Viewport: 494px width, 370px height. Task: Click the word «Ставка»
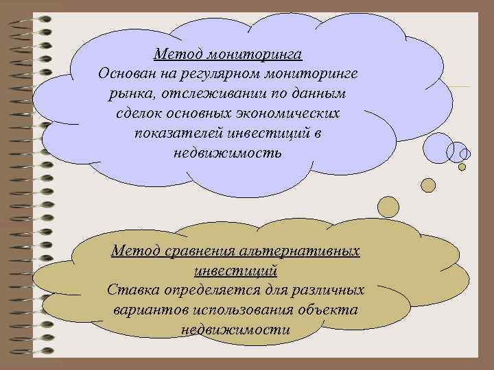(x=132, y=290)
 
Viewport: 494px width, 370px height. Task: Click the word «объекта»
(x=333, y=310)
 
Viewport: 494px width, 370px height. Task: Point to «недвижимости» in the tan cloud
(x=236, y=330)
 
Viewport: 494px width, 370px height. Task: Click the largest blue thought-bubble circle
(x=437, y=146)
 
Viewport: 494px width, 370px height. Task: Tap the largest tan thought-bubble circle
(x=388, y=206)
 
